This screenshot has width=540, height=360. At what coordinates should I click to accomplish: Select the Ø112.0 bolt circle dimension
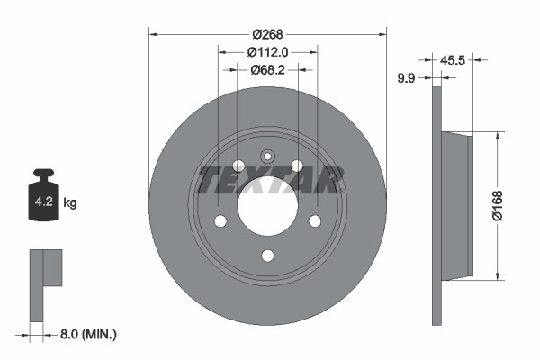267,51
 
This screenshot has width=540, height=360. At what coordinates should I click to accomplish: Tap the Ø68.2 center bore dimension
267,67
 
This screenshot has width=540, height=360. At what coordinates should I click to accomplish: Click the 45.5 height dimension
453,61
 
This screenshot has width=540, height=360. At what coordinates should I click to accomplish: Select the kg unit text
70,203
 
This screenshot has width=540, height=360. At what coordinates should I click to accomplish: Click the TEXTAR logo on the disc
270,180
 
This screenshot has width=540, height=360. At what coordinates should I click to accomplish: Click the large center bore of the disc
267,208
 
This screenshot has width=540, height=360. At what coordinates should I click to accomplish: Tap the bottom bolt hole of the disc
267,256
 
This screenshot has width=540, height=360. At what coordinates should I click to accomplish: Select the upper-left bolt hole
238,166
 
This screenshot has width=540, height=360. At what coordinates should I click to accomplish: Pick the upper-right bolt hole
297,166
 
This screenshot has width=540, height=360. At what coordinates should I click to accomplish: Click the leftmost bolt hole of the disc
220,221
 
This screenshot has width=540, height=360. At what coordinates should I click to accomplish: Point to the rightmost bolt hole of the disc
315,221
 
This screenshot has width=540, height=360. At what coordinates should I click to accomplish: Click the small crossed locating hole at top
267,156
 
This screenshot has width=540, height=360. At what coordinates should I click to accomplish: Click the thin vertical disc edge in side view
437,205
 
